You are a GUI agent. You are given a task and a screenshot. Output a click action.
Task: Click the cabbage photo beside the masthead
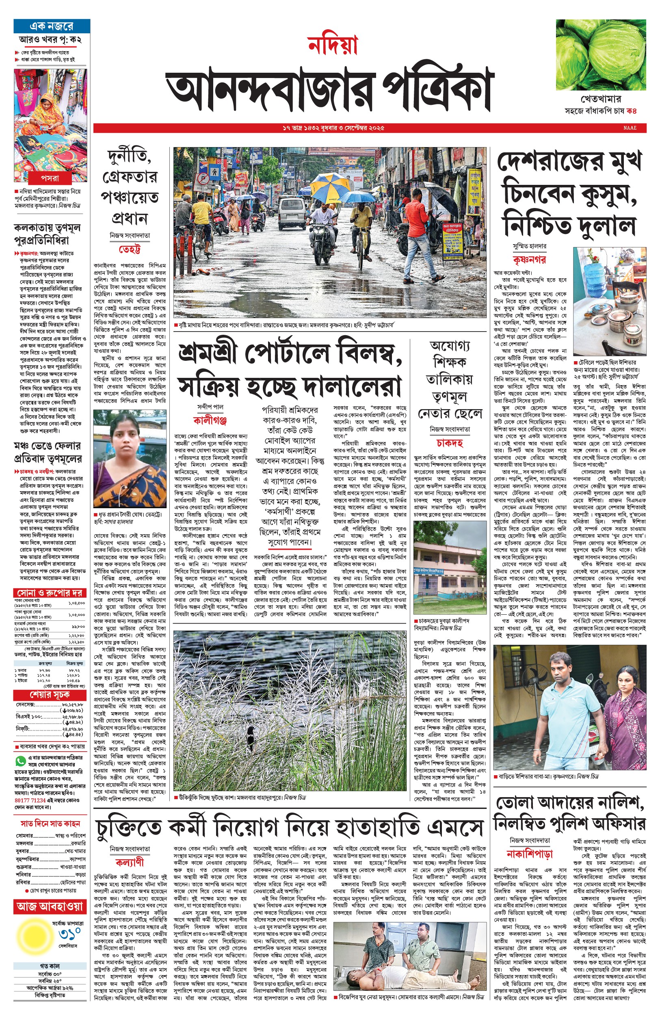(601, 54)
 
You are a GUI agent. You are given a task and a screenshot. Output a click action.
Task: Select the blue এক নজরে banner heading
(52, 26)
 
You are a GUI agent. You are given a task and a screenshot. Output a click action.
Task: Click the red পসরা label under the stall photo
(50, 178)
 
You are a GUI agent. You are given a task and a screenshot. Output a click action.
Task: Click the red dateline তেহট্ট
(130, 249)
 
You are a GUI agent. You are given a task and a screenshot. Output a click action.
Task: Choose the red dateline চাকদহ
(450, 442)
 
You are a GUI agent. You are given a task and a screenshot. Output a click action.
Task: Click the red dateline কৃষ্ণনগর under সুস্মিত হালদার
(529, 259)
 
